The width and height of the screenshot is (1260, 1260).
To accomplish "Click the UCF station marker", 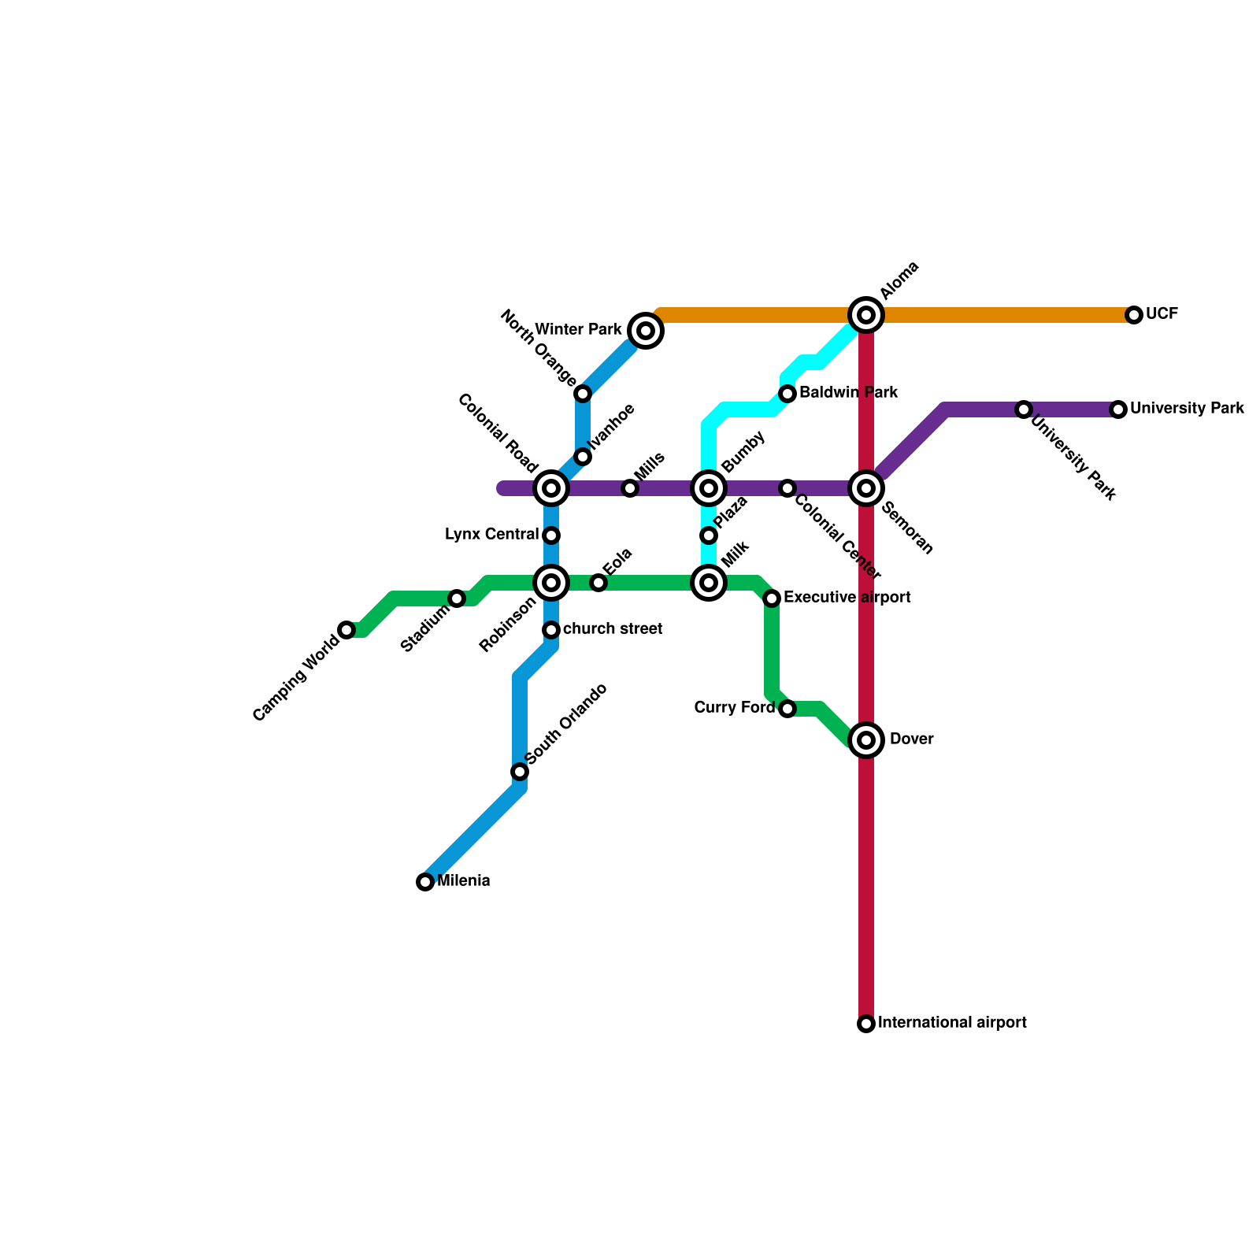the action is (1134, 315).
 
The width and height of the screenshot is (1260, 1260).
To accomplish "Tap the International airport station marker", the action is (866, 1024).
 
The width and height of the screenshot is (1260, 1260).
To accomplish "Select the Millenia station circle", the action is (425, 882).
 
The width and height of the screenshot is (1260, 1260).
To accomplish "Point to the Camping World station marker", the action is (346, 630).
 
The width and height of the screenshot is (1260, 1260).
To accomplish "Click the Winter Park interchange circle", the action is (646, 331).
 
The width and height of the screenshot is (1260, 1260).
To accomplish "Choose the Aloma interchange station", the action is (866, 315).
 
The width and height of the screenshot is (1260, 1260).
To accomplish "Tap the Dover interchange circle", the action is (866, 740).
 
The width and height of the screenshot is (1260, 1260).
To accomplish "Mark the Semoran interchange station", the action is (866, 488).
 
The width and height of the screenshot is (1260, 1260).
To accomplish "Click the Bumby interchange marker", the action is (709, 488).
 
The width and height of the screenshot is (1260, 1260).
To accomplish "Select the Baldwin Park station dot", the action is (787, 394).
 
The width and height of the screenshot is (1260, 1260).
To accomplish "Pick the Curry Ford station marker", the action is (787, 709).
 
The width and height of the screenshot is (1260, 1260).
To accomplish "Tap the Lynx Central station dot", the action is (551, 535).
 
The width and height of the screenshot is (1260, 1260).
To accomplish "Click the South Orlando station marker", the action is (520, 772).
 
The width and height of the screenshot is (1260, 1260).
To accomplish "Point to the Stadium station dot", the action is (457, 598).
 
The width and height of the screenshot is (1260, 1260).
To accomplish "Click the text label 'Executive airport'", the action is (847, 598).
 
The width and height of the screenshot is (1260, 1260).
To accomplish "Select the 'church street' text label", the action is (613, 629).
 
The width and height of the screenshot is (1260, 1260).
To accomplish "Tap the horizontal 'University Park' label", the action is (1187, 409).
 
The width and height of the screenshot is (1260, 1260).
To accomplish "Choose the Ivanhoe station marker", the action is (583, 457).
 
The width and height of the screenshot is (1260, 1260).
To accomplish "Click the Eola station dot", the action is (598, 583).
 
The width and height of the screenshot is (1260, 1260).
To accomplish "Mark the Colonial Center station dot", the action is (787, 488).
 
